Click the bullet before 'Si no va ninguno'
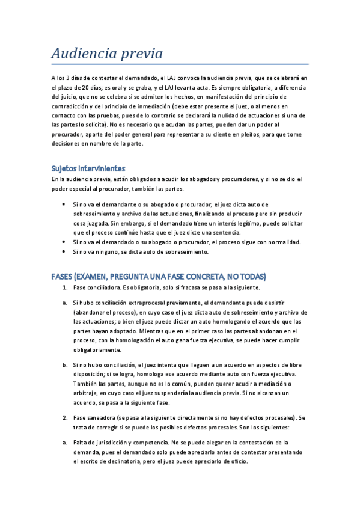pyautogui.click(x=64, y=252)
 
